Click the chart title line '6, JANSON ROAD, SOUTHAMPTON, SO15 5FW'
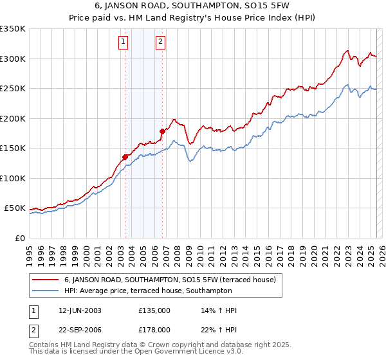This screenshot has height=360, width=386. [x=193, y=7]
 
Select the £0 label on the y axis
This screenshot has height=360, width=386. [x=19, y=238]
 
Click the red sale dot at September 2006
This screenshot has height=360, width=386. [x=162, y=131]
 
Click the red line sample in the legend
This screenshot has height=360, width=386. [x=45, y=280]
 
